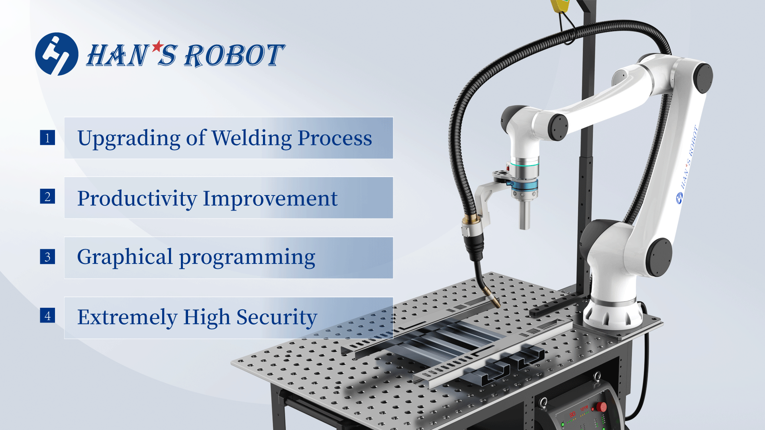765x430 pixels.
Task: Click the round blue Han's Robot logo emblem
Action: (57, 54)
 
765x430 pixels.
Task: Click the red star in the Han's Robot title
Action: (158, 46)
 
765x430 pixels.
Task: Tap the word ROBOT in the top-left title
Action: (234, 55)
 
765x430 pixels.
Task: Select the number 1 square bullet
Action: (47, 138)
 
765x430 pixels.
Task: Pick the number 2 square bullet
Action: (47, 196)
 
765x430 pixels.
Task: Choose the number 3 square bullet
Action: (47, 257)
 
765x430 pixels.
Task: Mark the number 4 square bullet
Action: (47, 315)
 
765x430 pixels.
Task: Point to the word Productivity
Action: (137, 199)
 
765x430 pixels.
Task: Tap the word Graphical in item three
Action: (125, 257)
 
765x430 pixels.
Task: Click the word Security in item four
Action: (277, 317)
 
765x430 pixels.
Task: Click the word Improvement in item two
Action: (270, 198)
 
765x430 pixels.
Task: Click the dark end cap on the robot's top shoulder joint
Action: (703, 78)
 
